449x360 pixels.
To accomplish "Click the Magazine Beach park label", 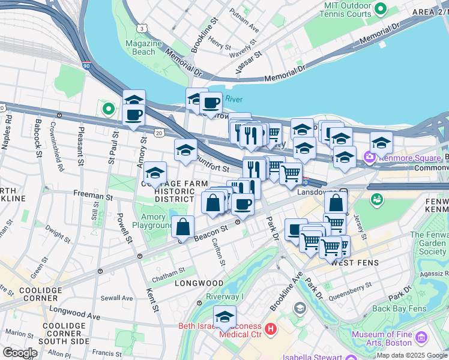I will (144, 47).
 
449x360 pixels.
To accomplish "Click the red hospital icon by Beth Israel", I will (271, 329).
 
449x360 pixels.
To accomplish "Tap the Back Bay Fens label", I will (399, 309).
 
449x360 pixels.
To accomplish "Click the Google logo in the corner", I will (20, 352).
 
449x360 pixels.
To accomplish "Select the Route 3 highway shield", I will (140, 28).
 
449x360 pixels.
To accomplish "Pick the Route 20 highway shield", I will (158, 131).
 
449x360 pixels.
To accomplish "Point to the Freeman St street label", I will (93, 196).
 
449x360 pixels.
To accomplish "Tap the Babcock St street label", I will (38, 137).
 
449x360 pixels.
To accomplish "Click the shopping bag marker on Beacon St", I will (183, 227).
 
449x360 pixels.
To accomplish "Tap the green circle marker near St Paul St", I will (108, 109).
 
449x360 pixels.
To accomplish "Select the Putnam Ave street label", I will (244, 28).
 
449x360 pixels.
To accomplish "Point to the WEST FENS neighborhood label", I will (350, 263).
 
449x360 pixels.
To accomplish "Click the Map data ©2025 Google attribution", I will (411, 355).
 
